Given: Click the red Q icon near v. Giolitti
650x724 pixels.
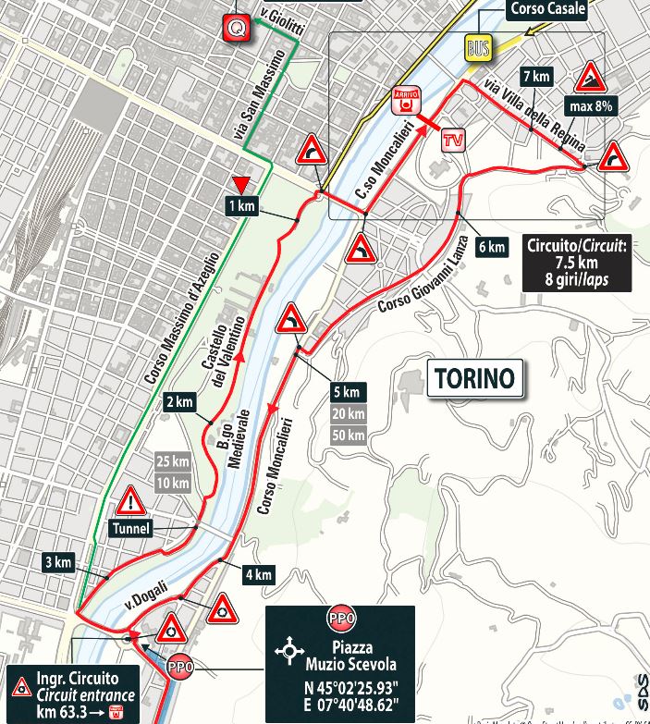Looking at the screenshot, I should click(238, 29).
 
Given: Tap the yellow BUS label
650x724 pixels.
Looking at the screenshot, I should click(479, 47).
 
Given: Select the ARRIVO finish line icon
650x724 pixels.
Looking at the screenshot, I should click(404, 101).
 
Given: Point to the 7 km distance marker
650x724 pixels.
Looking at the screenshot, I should click(535, 76).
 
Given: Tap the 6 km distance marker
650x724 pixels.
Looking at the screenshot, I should click(492, 247).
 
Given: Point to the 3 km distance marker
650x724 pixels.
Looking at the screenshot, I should click(56, 562).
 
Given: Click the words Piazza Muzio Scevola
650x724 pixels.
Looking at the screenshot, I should click(340, 654).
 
